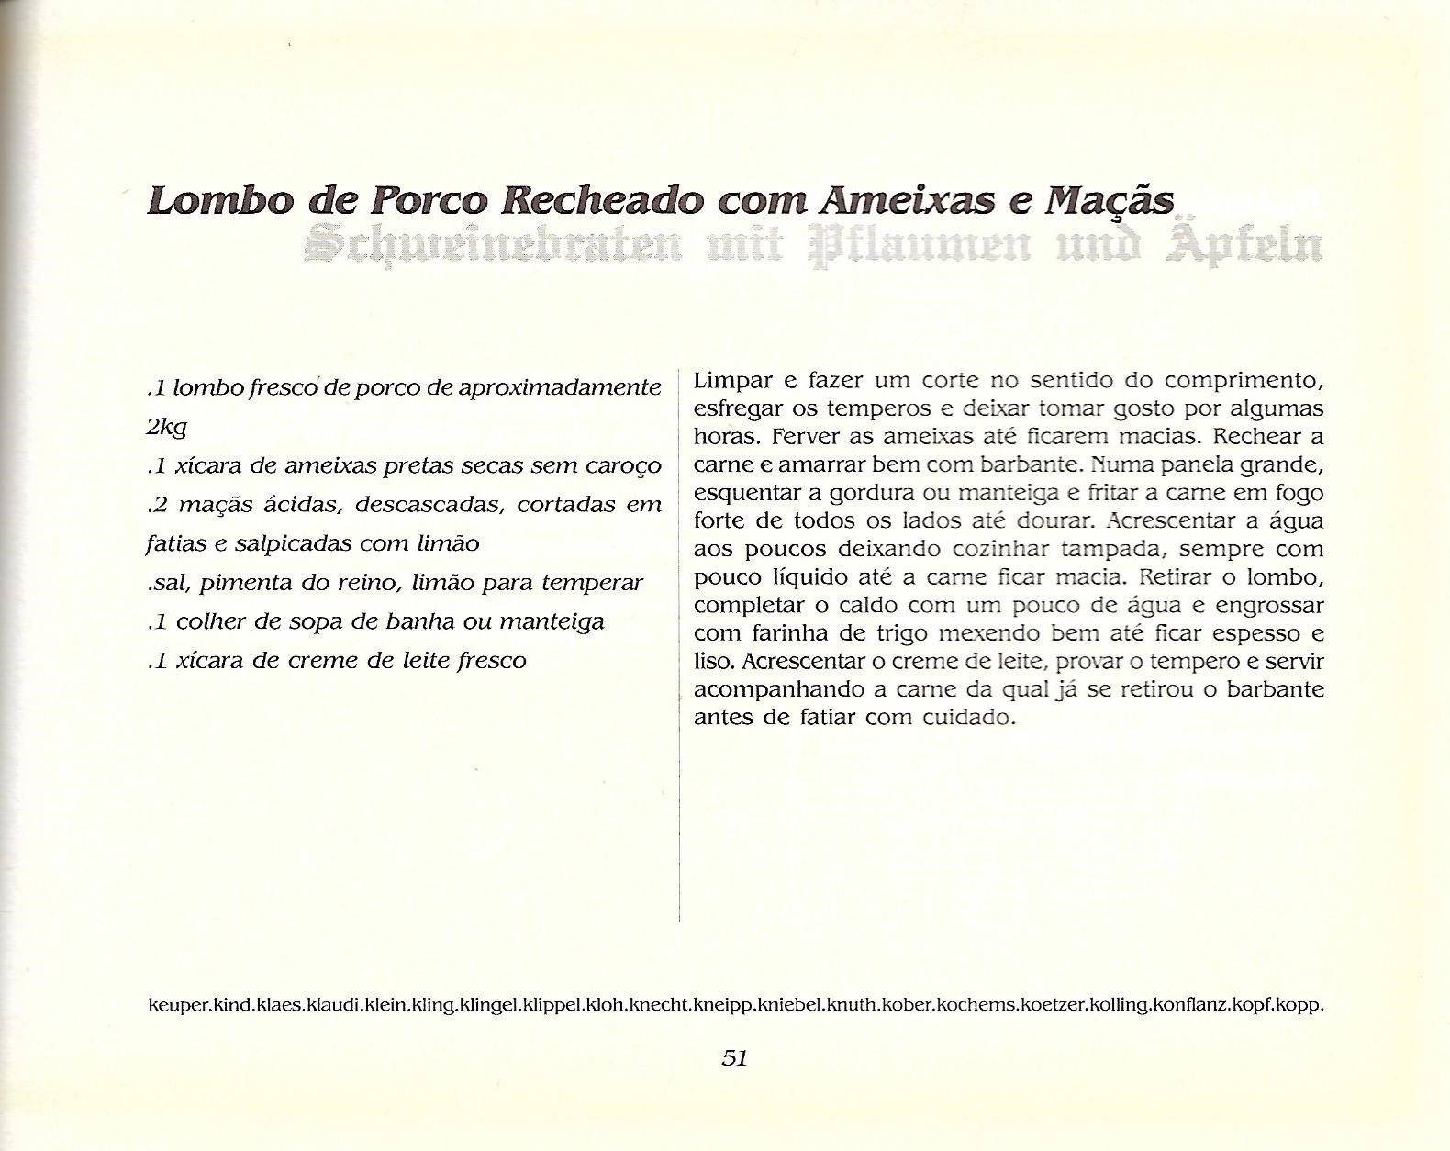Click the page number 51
(x=735, y=1057)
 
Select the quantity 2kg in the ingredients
(x=166, y=428)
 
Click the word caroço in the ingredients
(x=623, y=466)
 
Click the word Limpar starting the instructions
(x=727, y=380)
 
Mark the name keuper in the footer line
(x=177, y=1005)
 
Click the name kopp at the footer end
(x=1303, y=1005)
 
